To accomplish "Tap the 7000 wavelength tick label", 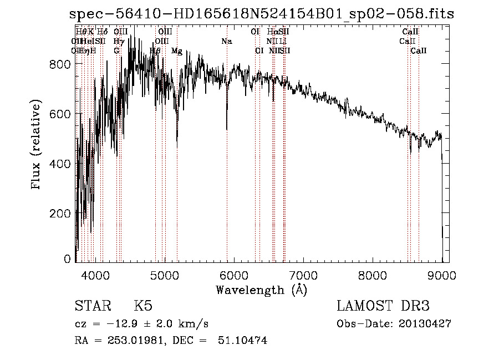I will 303,274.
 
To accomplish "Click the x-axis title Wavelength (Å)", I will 261,290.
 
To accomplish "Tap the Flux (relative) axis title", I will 37,145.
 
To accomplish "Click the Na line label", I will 226,42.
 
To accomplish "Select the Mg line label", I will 177,51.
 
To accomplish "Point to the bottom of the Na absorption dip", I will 227,129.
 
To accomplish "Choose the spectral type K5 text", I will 143,306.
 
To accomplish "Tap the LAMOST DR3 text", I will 383,306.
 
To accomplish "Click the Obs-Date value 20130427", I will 425,324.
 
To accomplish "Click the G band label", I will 116,51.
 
